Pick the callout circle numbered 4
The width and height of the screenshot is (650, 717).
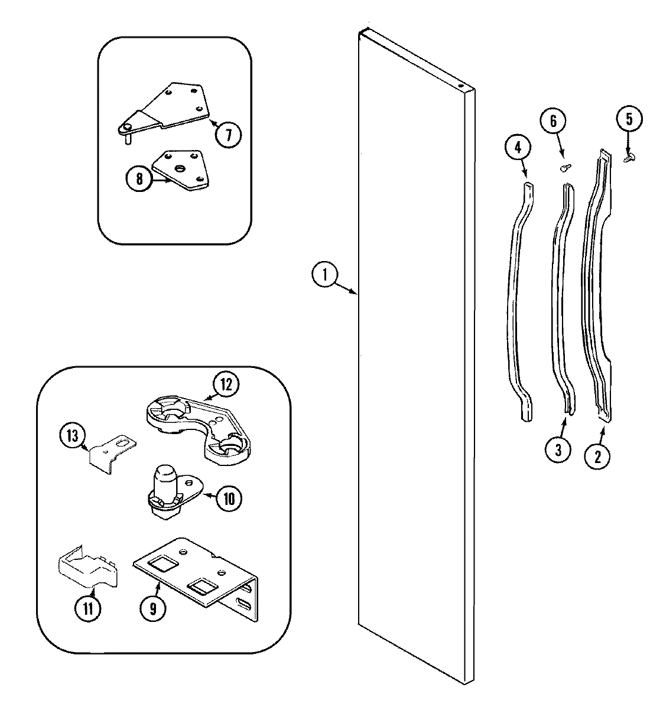[518, 148]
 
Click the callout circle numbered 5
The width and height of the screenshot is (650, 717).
[628, 120]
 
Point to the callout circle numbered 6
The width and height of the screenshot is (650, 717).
[553, 122]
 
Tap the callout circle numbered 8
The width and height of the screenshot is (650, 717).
[139, 178]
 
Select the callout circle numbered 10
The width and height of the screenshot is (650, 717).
[229, 498]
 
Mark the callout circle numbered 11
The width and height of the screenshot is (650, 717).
[87, 608]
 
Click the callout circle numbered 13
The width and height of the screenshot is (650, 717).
[72, 436]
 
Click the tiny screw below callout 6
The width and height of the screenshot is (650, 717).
[564, 167]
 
